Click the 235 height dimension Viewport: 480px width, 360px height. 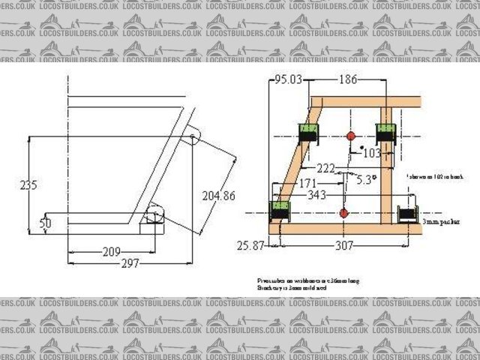[x=28, y=184]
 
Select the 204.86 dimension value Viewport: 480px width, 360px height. [x=218, y=195]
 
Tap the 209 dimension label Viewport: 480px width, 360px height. [x=112, y=252]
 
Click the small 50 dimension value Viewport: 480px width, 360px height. [x=45, y=223]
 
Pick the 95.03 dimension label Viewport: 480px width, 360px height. [x=289, y=79]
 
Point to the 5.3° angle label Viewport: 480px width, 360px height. [x=366, y=180]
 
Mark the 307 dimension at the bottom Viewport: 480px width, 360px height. [x=345, y=244]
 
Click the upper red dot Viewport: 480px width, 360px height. [x=350, y=136]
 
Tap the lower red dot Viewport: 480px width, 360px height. [x=343, y=214]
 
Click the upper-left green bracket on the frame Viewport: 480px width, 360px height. [x=308, y=133]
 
